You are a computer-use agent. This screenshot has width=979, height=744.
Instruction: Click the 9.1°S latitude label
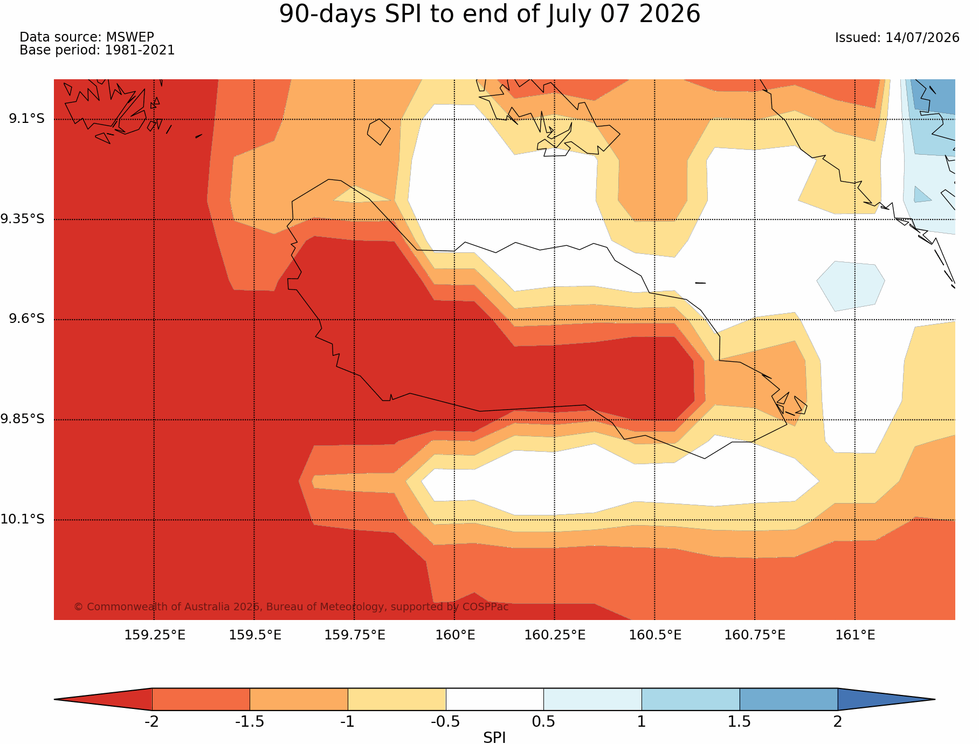click(x=26, y=119)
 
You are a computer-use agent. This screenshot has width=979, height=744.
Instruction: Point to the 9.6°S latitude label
click(x=26, y=319)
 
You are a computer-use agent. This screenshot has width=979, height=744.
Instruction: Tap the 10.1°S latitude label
click(x=23, y=519)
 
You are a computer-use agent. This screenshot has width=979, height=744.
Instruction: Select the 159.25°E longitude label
click(x=155, y=635)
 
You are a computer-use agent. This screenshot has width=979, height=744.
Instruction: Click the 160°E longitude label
click(x=455, y=635)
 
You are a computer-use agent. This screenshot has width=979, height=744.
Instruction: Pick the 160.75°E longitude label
click(x=755, y=635)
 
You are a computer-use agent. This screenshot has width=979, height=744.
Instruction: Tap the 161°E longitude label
click(x=855, y=635)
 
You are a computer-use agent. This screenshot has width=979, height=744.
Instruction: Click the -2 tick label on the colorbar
click(x=151, y=722)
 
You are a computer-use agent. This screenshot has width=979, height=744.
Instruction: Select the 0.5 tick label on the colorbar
click(x=543, y=722)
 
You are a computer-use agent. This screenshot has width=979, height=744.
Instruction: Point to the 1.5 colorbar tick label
click(x=739, y=722)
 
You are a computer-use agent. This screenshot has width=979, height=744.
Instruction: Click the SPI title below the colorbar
click(x=494, y=738)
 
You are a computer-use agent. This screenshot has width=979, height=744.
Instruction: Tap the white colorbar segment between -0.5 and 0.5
click(x=494, y=699)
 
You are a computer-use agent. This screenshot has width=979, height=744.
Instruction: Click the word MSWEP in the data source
click(x=130, y=37)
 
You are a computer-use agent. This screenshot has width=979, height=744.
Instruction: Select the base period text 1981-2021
click(x=140, y=50)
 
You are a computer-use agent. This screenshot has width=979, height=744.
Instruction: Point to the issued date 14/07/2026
click(x=922, y=38)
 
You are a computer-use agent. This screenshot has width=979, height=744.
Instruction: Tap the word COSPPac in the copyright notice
click(x=486, y=607)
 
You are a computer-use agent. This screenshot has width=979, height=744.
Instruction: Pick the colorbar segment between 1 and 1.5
click(x=690, y=699)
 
